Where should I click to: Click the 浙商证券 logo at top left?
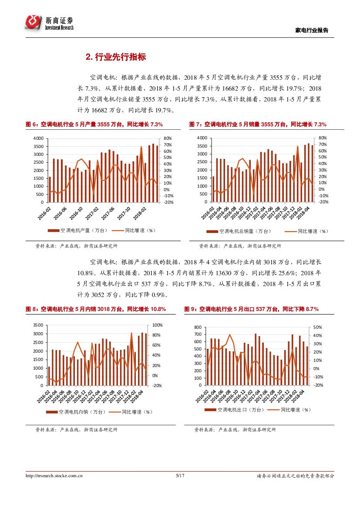49,22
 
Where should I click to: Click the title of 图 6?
94,125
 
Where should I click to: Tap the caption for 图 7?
258,125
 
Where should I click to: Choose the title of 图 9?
251,309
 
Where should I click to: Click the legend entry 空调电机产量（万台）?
79,230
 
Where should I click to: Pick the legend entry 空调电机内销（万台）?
76,411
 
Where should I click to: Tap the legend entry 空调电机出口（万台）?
234,410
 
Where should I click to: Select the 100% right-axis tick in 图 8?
157,325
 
